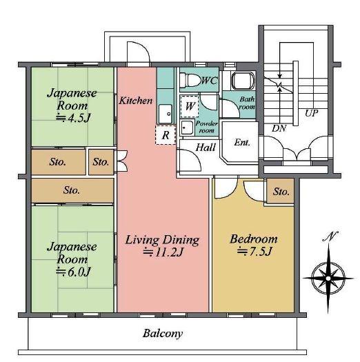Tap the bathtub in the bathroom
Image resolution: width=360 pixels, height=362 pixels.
click(x=243, y=81)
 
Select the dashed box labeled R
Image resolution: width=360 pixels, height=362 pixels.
click(x=166, y=135)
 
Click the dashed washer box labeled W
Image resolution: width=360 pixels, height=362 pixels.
click(x=190, y=106)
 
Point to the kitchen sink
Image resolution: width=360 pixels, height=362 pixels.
click(x=166, y=114)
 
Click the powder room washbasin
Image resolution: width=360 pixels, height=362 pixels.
click(x=188, y=128)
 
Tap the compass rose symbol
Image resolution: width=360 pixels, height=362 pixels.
click(x=328, y=278)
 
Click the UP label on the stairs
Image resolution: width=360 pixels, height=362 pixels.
click(x=312, y=113)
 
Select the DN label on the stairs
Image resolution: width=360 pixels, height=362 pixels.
click(x=279, y=128)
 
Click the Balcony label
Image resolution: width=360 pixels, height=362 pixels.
click(x=163, y=334)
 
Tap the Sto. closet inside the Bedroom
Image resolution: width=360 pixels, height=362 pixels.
click(x=281, y=191)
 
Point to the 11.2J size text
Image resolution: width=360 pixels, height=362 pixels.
click(x=163, y=252)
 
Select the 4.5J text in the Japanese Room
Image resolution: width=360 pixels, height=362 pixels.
click(x=73, y=118)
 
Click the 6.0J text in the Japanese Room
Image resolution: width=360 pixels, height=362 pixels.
click(x=73, y=272)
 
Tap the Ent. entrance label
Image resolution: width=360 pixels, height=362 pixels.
click(x=242, y=143)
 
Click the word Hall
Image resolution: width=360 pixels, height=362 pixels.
click(x=206, y=148)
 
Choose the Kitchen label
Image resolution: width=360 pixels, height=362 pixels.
click(x=136, y=101)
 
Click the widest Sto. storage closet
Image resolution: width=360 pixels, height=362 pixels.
click(x=72, y=190)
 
